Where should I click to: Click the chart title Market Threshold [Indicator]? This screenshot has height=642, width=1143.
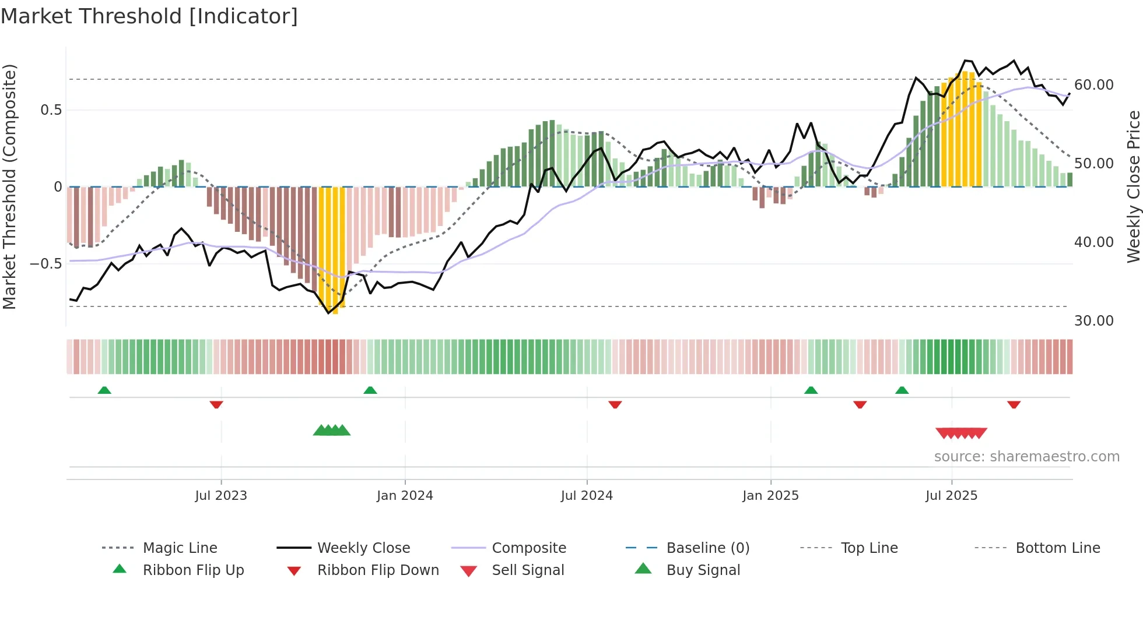click(149, 16)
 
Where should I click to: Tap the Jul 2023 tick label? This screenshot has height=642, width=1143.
click(221, 496)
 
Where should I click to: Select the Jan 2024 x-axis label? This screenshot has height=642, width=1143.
click(405, 496)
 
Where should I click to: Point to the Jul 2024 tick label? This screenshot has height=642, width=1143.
click(587, 496)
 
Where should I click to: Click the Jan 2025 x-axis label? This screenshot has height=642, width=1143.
click(770, 496)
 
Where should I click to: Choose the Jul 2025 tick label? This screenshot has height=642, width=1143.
click(951, 496)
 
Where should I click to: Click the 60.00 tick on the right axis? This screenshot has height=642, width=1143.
click(1094, 85)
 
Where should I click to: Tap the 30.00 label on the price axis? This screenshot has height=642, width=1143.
click(1094, 321)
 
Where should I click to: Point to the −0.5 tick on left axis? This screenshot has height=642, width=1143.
click(46, 264)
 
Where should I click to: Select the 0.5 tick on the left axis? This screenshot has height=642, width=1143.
click(51, 110)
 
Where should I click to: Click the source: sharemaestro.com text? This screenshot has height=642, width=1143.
click(1026, 457)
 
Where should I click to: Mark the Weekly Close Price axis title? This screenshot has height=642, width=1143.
click(1133, 186)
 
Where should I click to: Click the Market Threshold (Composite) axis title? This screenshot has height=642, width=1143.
click(9, 186)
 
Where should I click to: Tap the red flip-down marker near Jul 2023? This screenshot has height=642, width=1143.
click(216, 404)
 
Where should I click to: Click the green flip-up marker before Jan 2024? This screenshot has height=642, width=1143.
click(370, 390)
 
